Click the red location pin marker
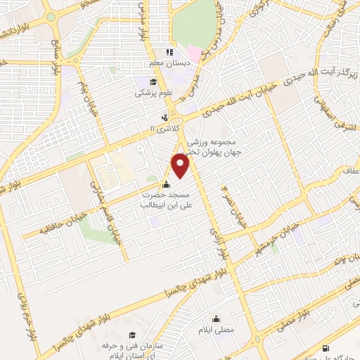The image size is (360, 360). click(181, 166)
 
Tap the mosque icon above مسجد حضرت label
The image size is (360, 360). click(165, 184)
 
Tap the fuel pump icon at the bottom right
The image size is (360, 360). click(324, 348)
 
